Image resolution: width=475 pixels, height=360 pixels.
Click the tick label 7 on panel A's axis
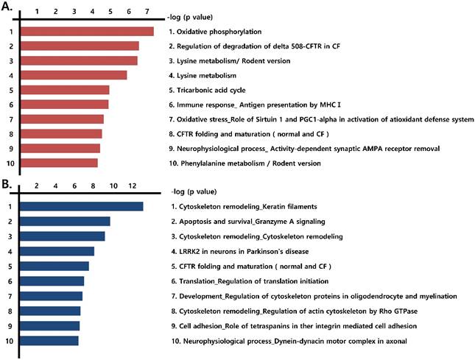pyautogui.click(x=147, y=12)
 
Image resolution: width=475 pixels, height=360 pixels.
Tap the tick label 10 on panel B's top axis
pyautogui.click(x=113, y=187)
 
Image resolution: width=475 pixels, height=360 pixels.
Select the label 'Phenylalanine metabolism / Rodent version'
pyautogui.click(x=239, y=163)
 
